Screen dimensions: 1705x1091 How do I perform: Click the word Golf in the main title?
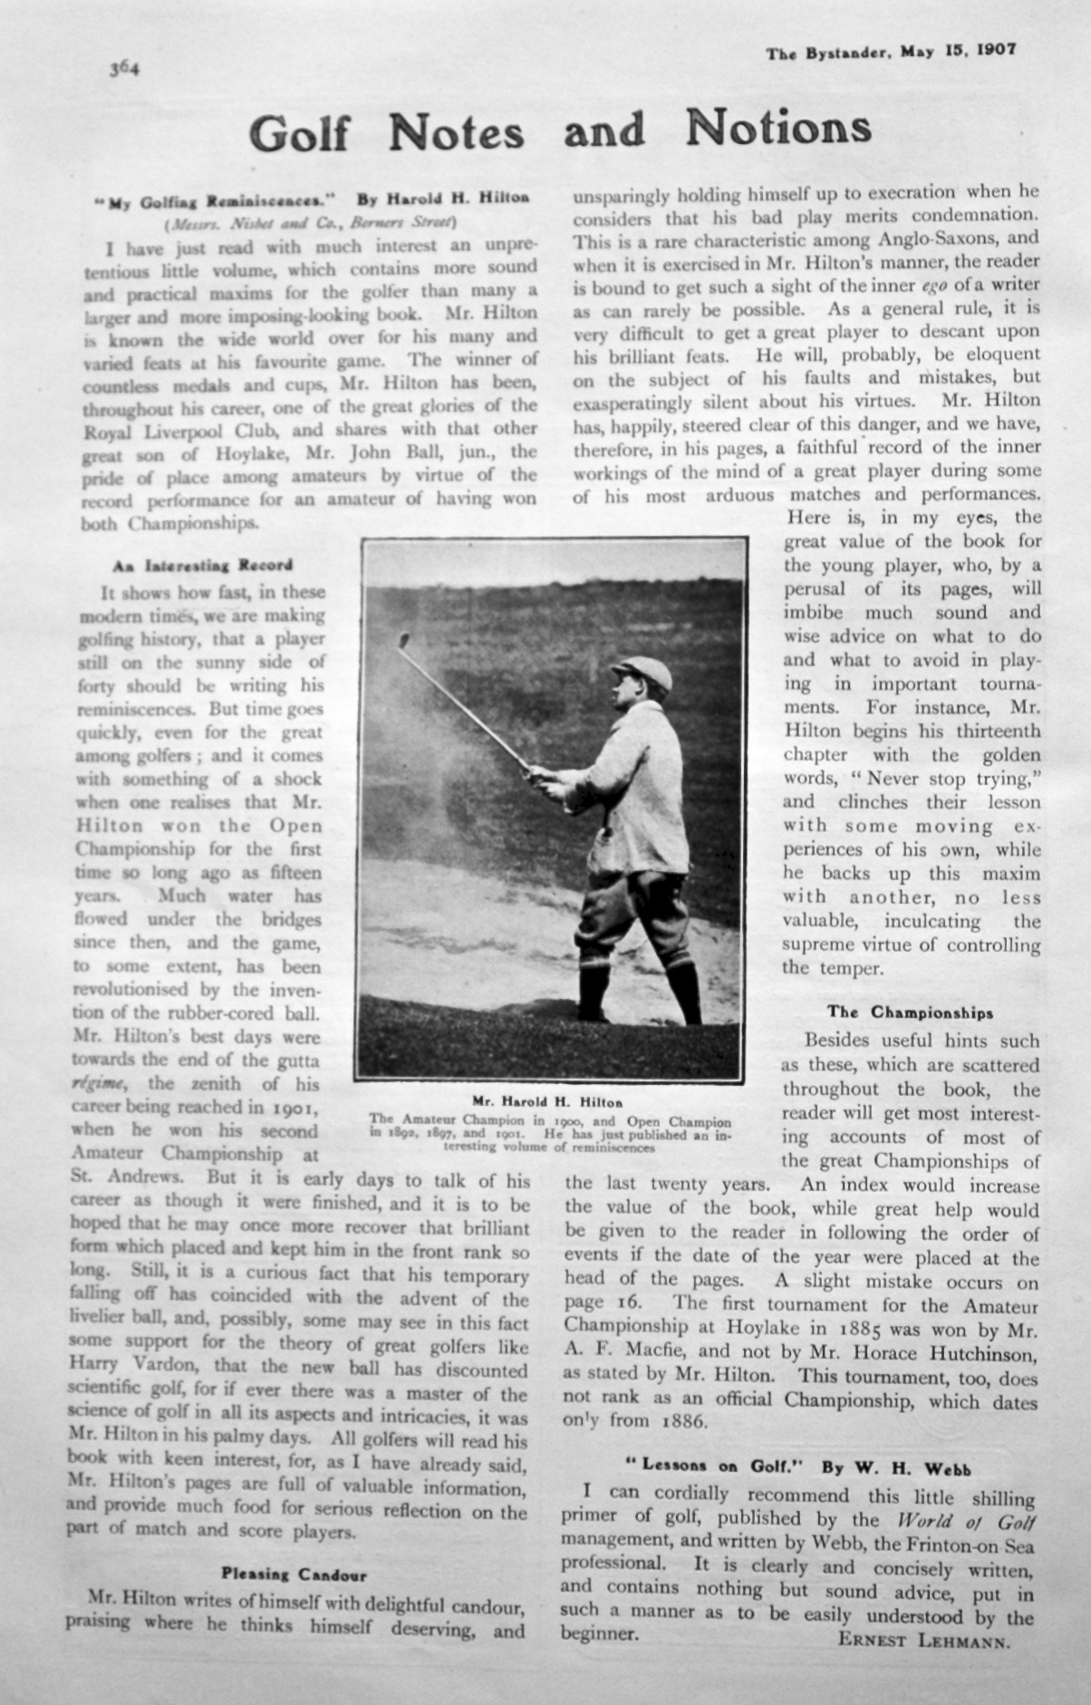299,133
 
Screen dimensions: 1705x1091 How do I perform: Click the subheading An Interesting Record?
203,565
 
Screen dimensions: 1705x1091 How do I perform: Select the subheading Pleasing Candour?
294,1575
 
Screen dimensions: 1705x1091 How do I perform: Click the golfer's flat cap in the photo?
644,673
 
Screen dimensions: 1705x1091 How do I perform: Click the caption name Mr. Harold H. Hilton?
547,1102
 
